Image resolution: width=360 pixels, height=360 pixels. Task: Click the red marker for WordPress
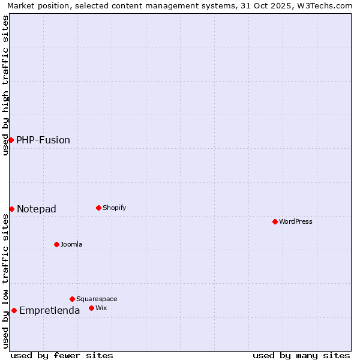(x=275, y=221)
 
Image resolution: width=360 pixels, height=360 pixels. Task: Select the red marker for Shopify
(x=98, y=208)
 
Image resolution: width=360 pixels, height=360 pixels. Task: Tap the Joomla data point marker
(x=57, y=244)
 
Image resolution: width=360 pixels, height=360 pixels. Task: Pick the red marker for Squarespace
(x=72, y=299)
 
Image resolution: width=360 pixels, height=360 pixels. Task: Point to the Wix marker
(x=91, y=308)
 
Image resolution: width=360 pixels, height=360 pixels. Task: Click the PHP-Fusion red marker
(x=11, y=140)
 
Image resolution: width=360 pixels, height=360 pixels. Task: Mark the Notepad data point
(x=11, y=209)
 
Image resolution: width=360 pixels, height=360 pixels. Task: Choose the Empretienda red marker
(x=14, y=310)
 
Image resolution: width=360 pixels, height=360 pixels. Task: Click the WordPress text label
(x=296, y=221)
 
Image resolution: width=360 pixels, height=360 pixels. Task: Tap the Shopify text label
(x=115, y=208)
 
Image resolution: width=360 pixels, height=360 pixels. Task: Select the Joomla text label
(x=71, y=244)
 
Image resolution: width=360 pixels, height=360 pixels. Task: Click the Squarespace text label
(x=97, y=299)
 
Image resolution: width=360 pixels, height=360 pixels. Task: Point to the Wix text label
(x=101, y=308)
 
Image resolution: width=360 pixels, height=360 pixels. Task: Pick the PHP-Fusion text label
(x=43, y=140)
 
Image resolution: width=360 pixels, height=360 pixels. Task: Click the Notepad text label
(x=37, y=209)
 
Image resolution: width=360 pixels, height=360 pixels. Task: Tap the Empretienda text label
(x=50, y=310)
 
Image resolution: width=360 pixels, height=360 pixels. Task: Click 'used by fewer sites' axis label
(x=62, y=355)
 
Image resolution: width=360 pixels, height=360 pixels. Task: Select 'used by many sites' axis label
(x=301, y=355)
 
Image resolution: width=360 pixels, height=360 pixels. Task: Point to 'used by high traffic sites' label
(x=6, y=85)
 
